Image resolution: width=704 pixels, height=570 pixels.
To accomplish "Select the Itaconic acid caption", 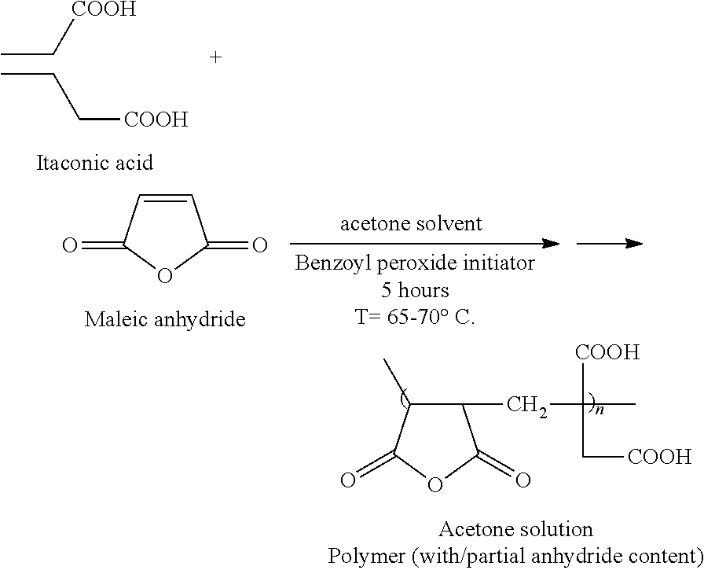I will [x=94, y=164].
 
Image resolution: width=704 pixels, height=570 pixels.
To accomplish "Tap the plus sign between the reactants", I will [x=216, y=58].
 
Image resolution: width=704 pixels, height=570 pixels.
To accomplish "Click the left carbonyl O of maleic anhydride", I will [x=70, y=247].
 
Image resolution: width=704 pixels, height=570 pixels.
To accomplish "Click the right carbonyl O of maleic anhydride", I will [x=260, y=247].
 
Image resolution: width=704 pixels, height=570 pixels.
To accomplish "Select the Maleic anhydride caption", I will [x=165, y=320].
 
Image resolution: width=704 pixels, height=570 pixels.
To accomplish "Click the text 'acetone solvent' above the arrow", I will [x=411, y=224].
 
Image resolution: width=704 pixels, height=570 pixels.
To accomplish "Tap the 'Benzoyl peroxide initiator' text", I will [x=415, y=263].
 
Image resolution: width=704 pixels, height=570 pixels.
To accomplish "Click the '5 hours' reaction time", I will [x=415, y=290].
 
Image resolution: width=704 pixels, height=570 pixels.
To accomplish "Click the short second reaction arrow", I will [x=609, y=245].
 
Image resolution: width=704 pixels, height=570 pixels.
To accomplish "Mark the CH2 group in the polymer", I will [x=526, y=406].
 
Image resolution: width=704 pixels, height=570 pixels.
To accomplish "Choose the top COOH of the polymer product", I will [x=608, y=352].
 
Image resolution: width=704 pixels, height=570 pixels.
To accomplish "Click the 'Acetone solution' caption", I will [x=515, y=528].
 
